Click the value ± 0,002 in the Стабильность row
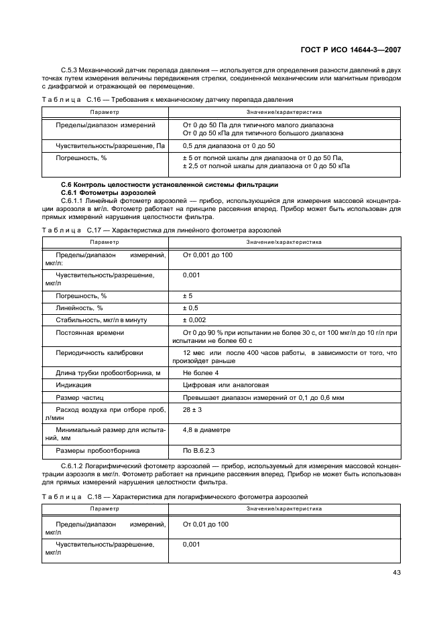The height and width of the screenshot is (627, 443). [194, 320]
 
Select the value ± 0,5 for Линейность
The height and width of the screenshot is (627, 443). [191, 307]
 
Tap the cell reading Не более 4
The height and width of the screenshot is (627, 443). [201, 372]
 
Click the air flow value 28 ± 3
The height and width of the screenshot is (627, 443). [193, 410]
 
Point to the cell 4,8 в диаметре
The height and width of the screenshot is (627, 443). [206, 429]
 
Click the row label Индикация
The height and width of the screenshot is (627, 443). [74, 385]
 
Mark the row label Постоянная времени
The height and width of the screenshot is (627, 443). [90, 333]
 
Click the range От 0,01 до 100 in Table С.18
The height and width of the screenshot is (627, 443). [206, 524]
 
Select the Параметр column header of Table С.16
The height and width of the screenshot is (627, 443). [105, 112]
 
